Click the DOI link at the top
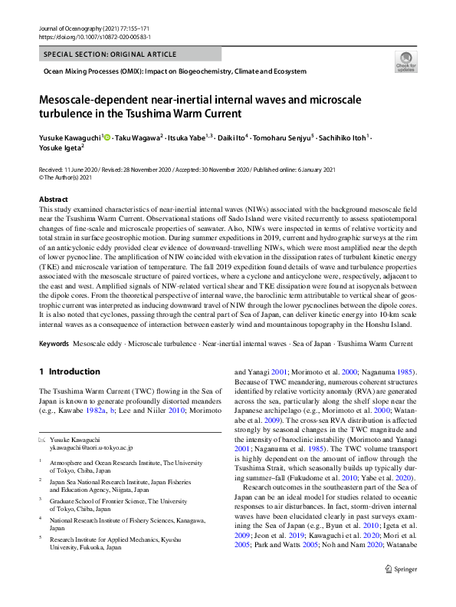(94, 37)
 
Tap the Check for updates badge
(404, 63)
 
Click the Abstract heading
(54, 199)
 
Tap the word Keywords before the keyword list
(54, 344)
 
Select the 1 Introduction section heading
(70, 372)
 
